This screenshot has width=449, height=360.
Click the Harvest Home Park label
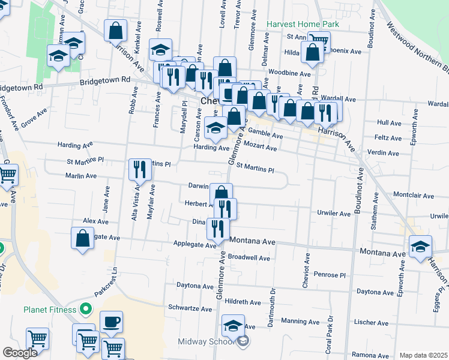point(303,25)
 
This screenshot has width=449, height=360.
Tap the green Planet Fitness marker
point(86,310)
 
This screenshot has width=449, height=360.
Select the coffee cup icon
point(111,322)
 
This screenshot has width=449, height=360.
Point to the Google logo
point(20,353)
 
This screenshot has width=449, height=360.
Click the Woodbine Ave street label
point(289,73)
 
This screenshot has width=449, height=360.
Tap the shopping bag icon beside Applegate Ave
point(83,238)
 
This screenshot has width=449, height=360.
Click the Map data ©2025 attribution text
point(423,355)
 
